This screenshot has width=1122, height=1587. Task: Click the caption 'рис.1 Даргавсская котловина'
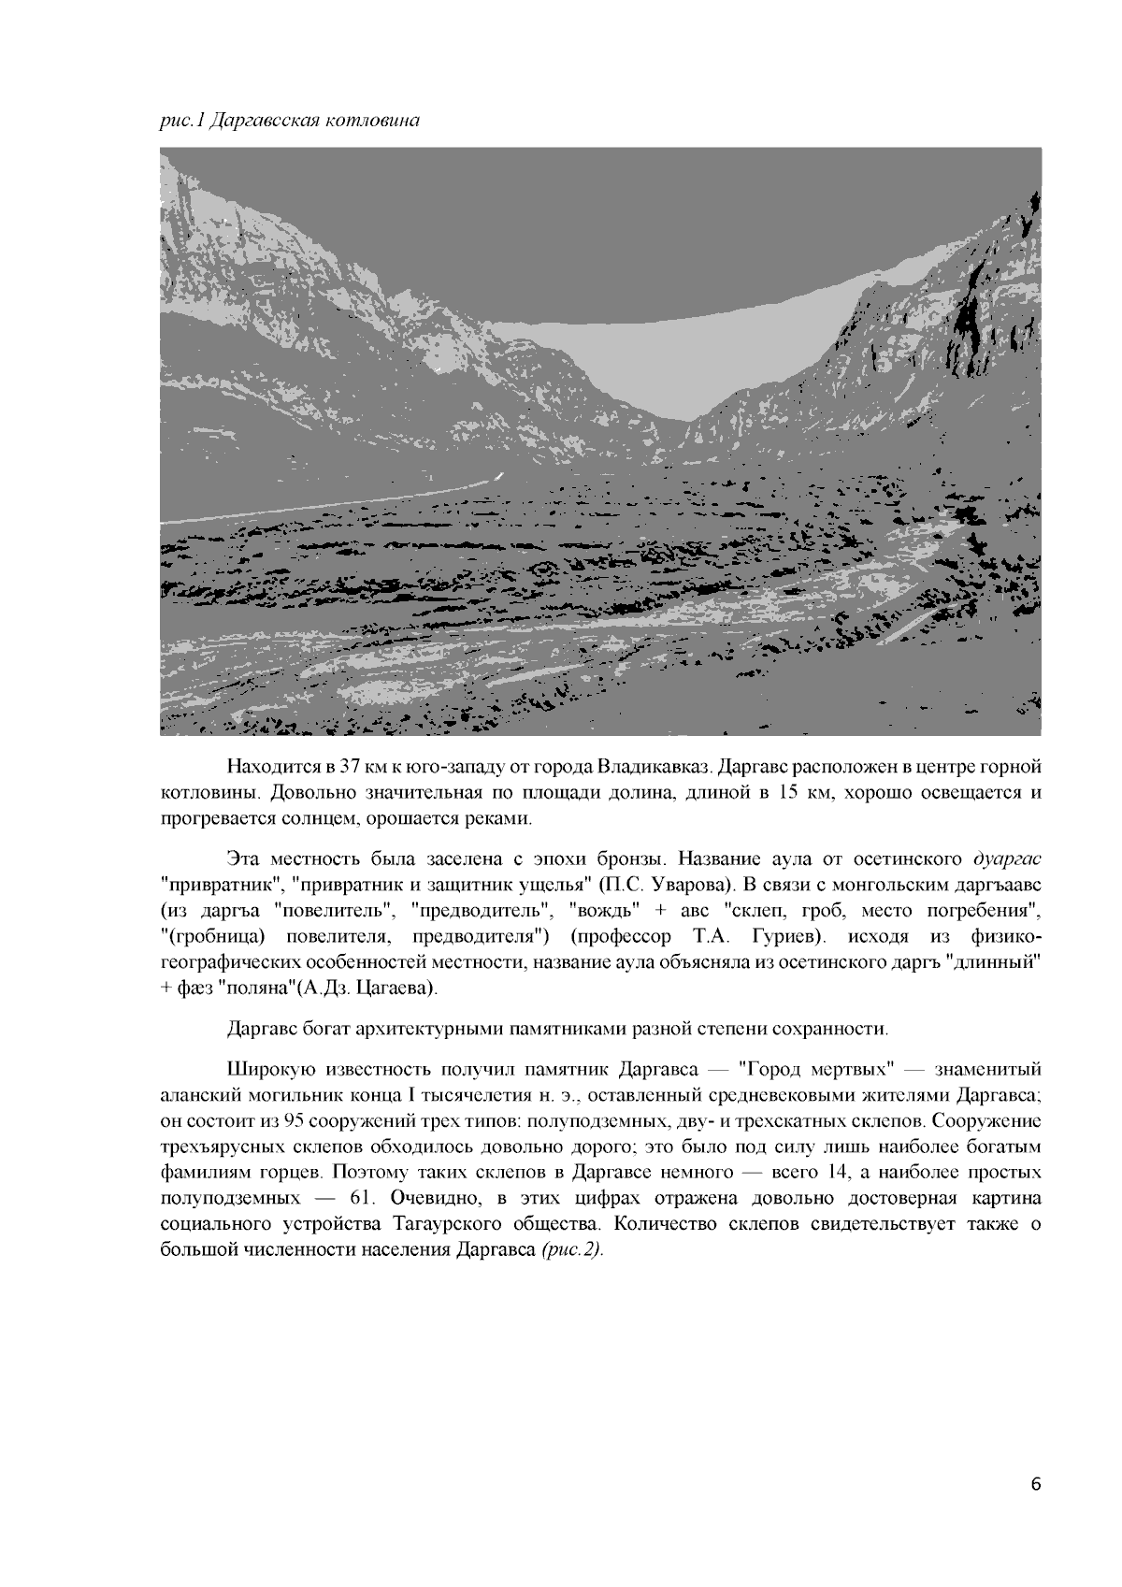click(289, 121)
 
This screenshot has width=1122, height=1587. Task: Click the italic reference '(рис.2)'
click(572, 1251)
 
